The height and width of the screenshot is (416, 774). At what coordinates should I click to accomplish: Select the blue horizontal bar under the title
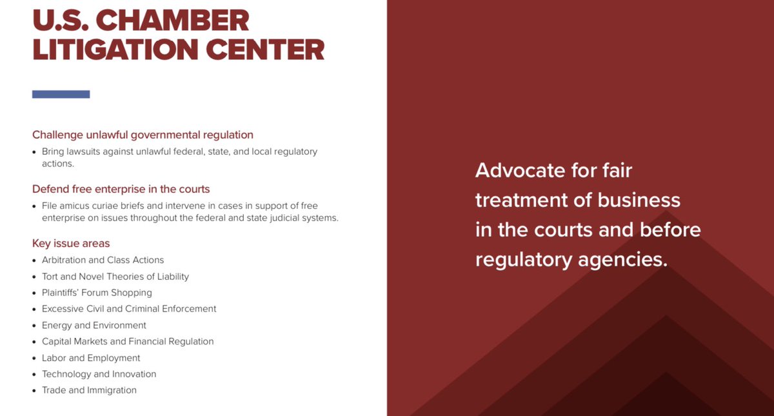point(61,94)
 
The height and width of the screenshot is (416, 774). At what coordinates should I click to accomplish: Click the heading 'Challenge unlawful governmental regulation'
point(143,135)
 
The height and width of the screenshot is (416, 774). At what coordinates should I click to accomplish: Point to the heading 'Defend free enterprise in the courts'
point(121,189)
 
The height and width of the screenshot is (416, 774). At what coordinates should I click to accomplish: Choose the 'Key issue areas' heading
point(71,243)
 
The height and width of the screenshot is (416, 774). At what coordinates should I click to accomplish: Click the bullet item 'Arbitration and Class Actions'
point(103,260)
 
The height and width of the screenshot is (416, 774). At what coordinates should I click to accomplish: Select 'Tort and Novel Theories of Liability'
point(115,276)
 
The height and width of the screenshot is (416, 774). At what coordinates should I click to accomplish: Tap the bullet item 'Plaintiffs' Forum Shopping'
point(97,293)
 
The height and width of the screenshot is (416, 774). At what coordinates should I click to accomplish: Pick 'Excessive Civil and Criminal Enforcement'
point(129,309)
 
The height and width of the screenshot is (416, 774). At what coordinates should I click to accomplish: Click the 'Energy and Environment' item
point(94,325)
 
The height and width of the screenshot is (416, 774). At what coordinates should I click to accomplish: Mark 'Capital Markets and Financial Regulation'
point(128,341)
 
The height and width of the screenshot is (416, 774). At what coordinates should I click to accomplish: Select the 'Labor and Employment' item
point(91,358)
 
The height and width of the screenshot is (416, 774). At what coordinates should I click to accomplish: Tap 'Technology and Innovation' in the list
point(99,374)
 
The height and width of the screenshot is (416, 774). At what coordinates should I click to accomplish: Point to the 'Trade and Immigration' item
point(89,390)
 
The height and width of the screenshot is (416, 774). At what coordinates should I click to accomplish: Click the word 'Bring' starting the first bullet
point(54,152)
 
